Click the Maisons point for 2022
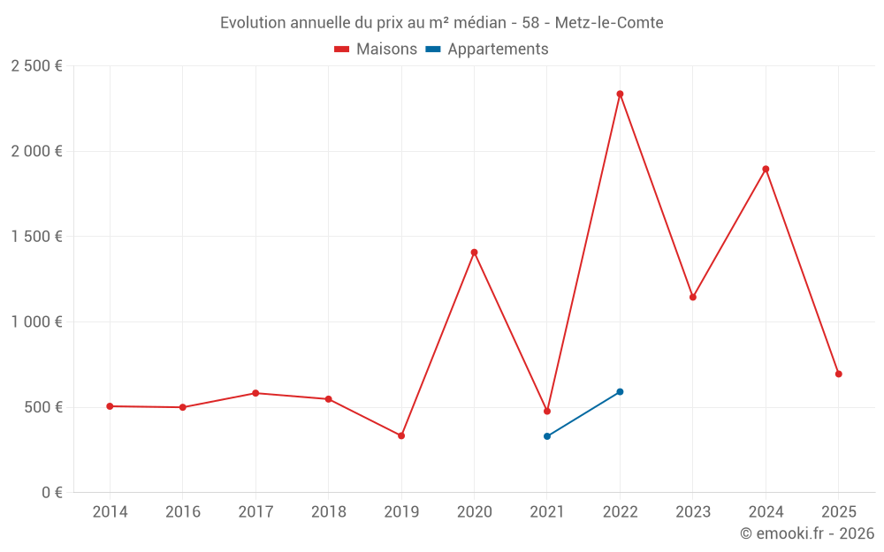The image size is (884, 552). pos(620,94)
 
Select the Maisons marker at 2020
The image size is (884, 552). pos(474,253)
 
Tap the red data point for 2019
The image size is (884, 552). pos(401,435)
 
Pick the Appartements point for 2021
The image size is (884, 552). pos(547,436)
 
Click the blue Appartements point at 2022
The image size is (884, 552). pos(620,391)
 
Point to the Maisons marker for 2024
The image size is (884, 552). pos(766,169)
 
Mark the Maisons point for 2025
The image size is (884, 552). pos(838,374)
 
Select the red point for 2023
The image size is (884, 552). pos(693,297)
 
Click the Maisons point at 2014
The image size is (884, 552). pos(110,406)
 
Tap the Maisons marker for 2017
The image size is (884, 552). pos(255,393)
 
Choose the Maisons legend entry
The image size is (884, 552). pos(376,49)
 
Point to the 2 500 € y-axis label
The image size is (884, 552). pos(36,66)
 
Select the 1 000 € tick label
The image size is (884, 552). pos(36,322)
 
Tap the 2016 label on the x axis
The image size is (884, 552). pos(183,512)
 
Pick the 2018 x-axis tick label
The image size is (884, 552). pos(328,512)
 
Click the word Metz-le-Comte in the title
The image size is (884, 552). pos(609,23)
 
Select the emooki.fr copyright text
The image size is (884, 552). pos(807,533)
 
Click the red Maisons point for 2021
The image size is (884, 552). pos(547,412)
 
